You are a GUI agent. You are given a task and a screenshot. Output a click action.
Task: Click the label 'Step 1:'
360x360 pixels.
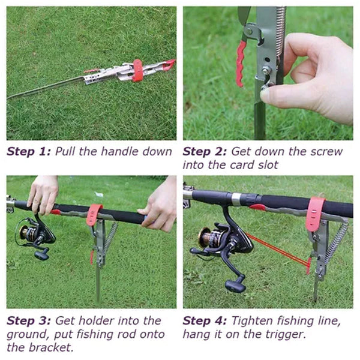coord(29,152)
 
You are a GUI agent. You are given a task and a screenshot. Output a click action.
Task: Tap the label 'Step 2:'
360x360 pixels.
coord(205,152)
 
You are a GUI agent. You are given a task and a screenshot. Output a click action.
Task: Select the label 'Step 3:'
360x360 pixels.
coord(29,321)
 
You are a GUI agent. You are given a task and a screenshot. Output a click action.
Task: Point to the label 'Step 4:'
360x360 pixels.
coord(205,321)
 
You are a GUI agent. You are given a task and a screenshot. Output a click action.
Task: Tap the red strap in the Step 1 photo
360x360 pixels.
coord(138,70)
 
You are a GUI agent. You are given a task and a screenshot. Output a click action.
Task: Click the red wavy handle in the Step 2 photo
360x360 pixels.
coord(241,64)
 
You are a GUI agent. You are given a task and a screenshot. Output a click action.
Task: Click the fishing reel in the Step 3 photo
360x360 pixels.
coord(35,236)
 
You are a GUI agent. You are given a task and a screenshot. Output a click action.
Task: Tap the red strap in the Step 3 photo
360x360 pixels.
coord(94,215)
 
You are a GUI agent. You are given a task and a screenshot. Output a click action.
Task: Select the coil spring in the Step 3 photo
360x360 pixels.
coord(110,239)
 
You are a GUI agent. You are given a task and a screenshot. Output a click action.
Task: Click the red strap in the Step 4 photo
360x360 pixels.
coord(315,214)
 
